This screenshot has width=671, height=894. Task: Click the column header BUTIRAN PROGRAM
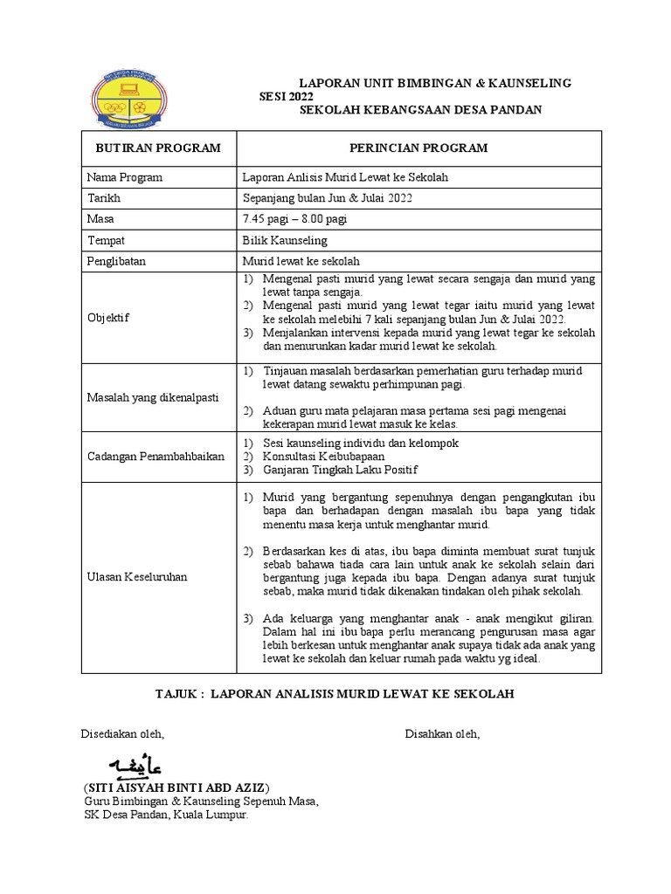pos(158,148)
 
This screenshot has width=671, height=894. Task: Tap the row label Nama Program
pos(124,177)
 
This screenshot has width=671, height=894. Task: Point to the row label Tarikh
pos(102,198)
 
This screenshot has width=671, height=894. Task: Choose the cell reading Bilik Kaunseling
pos(285,240)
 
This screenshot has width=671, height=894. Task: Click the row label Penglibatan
pos(116,261)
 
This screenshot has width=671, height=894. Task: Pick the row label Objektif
pos(107,317)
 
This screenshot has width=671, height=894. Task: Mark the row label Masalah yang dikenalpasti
pos(152,397)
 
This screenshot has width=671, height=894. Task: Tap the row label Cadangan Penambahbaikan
pos(156,457)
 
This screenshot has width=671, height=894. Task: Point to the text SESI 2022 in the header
pos(286,96)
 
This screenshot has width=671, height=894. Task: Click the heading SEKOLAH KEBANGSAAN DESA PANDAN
pos(420,110)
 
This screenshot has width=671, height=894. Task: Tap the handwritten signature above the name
pos(142,766)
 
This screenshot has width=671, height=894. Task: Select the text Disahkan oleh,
pos(441,734)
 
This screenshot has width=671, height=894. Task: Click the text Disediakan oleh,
pos(122,734)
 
